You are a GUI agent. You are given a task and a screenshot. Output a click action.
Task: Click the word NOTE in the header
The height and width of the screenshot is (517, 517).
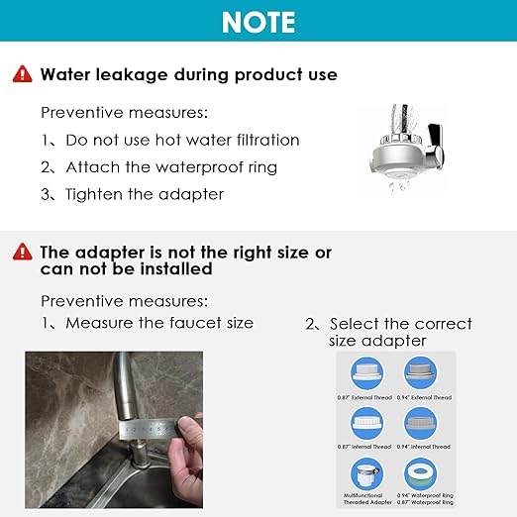tap(258, 21)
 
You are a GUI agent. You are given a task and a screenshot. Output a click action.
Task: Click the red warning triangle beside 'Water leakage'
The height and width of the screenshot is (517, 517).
tap(23, 74)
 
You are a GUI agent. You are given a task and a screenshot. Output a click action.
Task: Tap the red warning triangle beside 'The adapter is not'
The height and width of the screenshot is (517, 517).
tap(23, 253)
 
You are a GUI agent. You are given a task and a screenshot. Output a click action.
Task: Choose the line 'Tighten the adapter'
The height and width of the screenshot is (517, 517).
tap(133, 193)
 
